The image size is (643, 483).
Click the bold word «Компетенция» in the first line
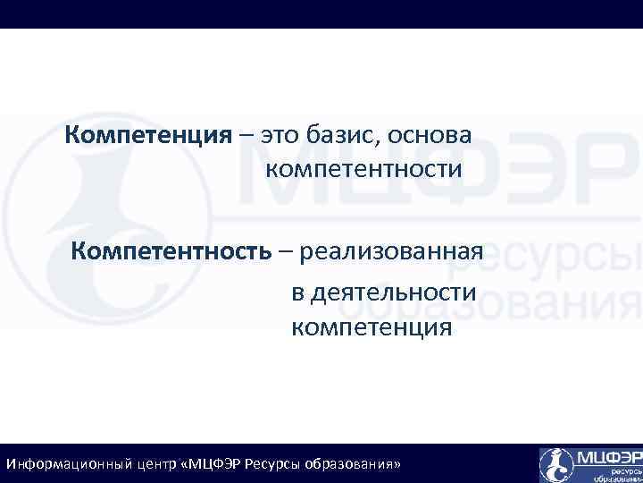(148, 135)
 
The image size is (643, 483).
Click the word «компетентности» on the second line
(363, 169)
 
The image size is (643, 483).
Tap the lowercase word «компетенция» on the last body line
(372, 328)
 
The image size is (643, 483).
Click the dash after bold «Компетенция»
(245, 136)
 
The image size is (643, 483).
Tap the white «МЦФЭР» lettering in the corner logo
(608, 457)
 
